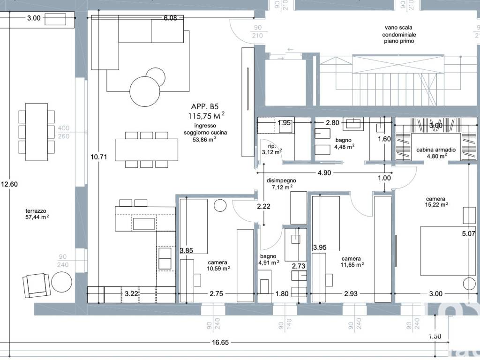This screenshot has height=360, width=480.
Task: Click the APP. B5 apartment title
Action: coord(205,106)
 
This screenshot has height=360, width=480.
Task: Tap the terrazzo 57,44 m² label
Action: coord(37,214)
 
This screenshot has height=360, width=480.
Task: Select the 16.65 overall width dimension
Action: coord(220,342)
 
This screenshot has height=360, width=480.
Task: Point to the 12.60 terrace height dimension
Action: coord(9,184)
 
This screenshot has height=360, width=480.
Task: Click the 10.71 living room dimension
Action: coord(98,157)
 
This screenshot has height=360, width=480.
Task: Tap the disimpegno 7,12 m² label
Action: coord(281,184)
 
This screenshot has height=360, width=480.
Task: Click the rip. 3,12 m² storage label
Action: coord(272,149)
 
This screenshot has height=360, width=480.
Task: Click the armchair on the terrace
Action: coord(37,285)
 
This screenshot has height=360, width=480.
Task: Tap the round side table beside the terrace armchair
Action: coord(61,282)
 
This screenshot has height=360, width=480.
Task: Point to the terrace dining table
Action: coord(37,132)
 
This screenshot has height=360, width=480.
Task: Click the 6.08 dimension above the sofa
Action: coord(170,18)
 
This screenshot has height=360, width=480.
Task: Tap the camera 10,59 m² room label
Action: coord(218,265)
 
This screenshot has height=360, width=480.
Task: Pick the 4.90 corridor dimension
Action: coord(324,173)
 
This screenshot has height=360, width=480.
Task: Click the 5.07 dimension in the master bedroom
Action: coord(468,234)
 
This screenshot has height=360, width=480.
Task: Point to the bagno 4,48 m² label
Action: coord(344,143)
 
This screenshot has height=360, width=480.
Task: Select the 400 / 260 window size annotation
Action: coord(63,132)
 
